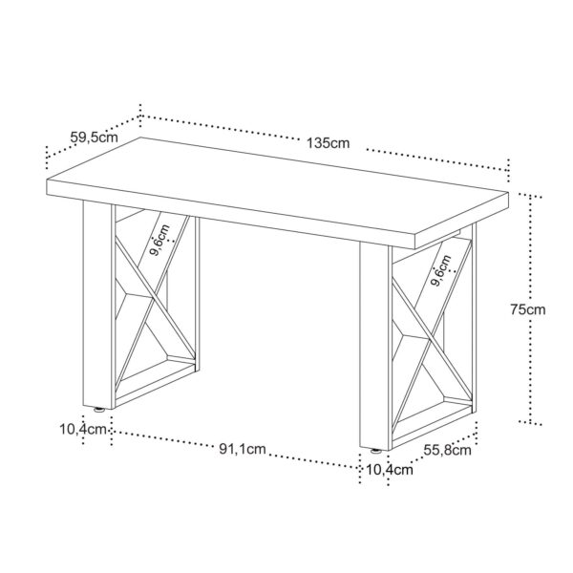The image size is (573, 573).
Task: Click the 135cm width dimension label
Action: [x=328, y=143]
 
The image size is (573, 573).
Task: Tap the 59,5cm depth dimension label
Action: [x=95, y=138]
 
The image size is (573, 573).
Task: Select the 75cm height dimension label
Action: [x=528, y=309]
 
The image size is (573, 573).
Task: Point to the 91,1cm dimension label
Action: [x=243, y=449]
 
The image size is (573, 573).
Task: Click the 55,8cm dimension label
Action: [x=447, y=450]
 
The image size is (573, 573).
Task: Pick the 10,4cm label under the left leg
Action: [x=83, y=430]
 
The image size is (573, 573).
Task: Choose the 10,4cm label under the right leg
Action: [x=390, y=470]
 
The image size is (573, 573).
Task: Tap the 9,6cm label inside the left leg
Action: [x=160, y=240]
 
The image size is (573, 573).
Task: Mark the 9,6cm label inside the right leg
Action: [x=441, y=270]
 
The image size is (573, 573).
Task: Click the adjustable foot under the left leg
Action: [x=98, y=410]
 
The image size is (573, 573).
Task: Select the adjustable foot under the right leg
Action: [x=375, y=451]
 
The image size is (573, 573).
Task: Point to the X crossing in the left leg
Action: [x=155, y=303]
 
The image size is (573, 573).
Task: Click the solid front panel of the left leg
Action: [x=97, y=306]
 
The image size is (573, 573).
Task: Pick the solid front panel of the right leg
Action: [x=374, y=346]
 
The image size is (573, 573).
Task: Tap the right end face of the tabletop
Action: [x=462, y=221]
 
